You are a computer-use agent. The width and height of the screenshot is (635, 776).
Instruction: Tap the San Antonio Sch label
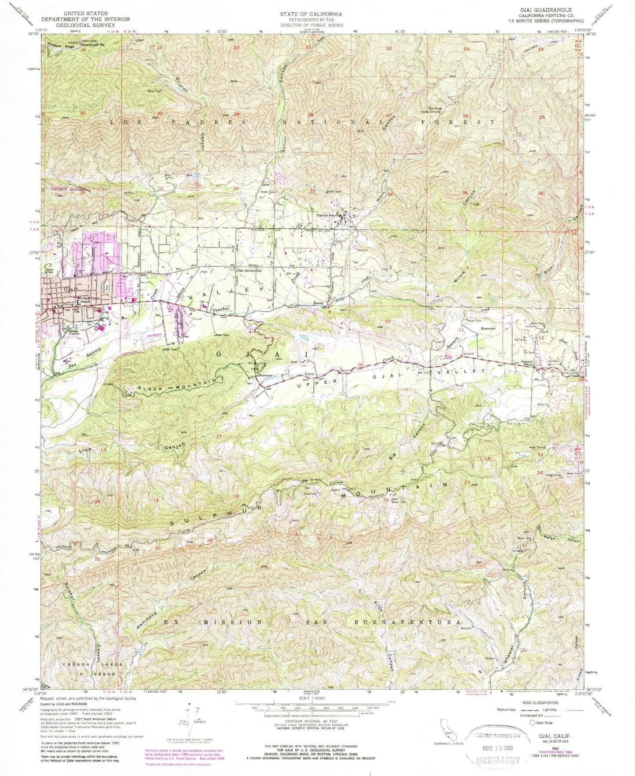(251, 270)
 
